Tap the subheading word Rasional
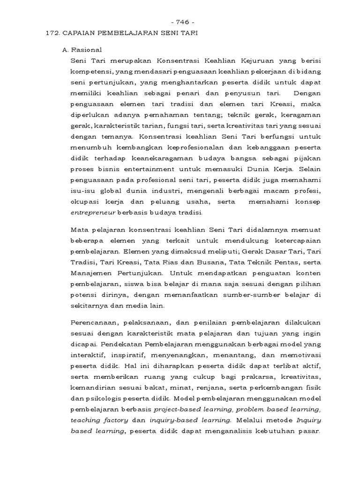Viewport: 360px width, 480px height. (x=89, y=49)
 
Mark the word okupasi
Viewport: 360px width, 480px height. (x=83, y=213)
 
